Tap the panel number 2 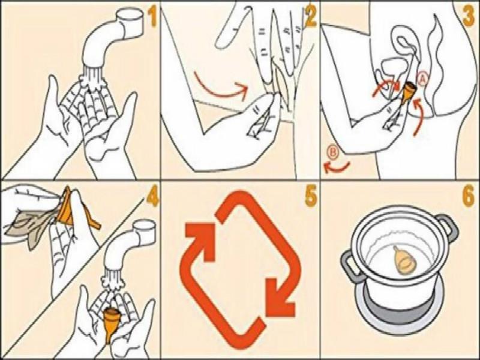pos(310,17)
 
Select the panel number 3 pos(469,16)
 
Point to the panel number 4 pos(152,197)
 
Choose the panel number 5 pos(311,196)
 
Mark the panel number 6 pos(469,197)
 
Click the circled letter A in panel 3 pos(422,79)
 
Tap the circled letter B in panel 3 pos(334,153)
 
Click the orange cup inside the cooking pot pos(403,259)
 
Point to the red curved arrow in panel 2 pos(220,86)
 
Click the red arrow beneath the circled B pos(336,167)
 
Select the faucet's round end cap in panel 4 pos(144,227)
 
